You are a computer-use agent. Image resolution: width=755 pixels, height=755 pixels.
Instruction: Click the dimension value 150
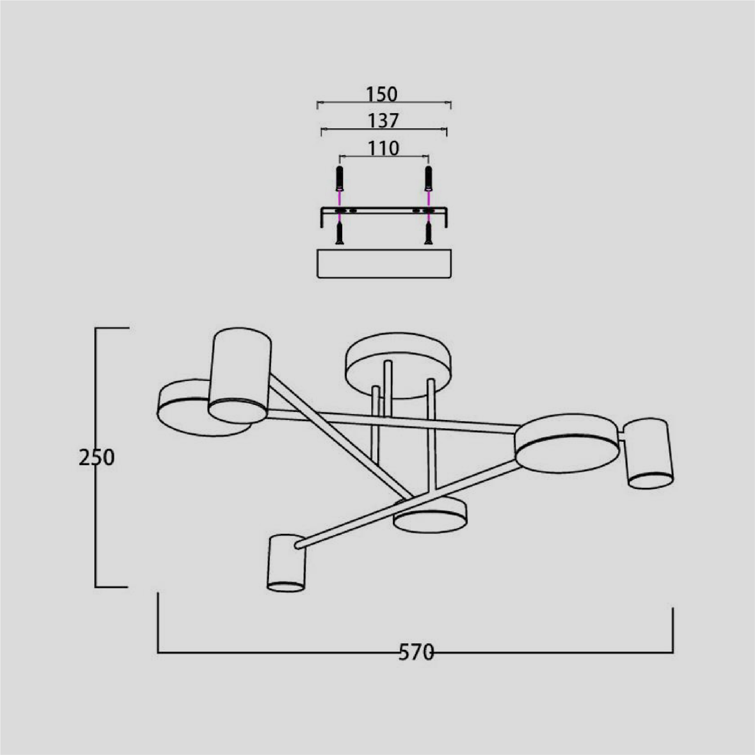(x=381, y=94)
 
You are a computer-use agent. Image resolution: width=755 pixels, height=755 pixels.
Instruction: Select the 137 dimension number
(x=383, y=121)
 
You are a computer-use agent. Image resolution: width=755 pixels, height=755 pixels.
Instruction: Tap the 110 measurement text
(x=384, y=148)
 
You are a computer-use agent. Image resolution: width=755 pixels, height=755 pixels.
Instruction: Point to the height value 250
(x=97, y=458)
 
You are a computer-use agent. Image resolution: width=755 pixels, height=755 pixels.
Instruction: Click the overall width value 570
(x=416, y=652)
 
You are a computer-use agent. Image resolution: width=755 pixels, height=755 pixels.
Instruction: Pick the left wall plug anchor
(x=340, y=178)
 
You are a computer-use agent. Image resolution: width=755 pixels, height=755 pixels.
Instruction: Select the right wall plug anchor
(x=428, y=178)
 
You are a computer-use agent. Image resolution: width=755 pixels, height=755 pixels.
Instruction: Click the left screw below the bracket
(x=340, y=233)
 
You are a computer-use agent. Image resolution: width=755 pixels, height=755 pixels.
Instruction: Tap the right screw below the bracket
(x=428, y=233)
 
